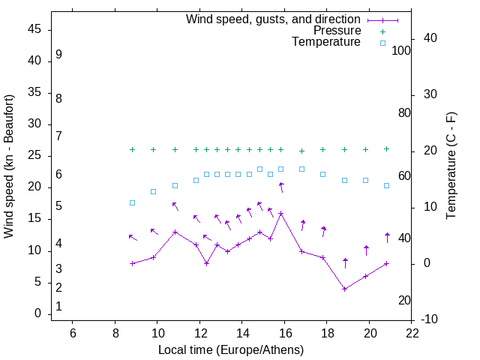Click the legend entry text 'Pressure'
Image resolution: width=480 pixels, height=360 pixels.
pos(337,31)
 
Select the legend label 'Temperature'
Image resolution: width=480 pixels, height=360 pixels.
pos(326,42)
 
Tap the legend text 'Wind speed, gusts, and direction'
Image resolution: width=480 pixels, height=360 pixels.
pos(273,19)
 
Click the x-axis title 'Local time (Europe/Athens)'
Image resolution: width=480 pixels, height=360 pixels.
pos(231,350)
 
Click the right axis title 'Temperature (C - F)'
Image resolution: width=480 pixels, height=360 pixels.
pos(451,166)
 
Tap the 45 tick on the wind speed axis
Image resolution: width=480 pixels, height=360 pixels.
pos(34,29)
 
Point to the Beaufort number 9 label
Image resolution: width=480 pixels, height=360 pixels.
pos(58,55)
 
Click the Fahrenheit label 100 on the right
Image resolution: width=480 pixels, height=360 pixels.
pos(401,50)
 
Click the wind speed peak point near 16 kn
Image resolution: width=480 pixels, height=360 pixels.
pos(281,213)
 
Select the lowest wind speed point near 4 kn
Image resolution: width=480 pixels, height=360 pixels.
pos(344,289)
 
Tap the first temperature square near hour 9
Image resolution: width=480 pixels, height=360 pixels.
pos(132,202)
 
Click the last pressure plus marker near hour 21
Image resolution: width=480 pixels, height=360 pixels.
pos(387,148)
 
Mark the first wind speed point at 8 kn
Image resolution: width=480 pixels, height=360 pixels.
pos(132,263)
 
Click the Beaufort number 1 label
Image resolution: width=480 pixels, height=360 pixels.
pos(58,307)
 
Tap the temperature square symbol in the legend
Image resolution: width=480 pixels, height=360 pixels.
pos(382,43)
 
